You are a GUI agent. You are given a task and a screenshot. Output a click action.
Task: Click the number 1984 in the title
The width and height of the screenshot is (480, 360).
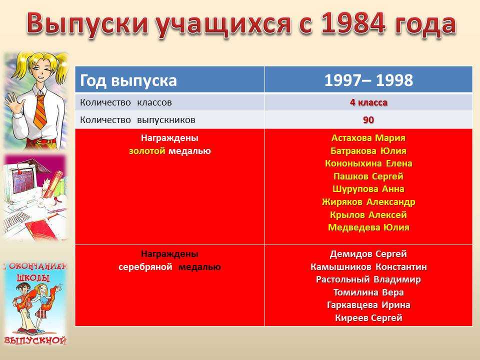[353, 23]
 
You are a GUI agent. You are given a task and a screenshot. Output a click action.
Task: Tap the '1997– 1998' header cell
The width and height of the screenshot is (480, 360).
[368, 80]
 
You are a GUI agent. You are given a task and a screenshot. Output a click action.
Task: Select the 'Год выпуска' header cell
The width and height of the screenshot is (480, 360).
[170, 80]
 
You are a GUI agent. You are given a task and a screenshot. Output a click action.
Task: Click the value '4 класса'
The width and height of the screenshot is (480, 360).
[368, 102]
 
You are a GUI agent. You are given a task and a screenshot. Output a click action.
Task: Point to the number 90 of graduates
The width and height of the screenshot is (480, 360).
[368, 119]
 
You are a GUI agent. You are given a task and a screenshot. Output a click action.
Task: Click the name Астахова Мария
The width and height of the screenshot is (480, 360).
[368, 138]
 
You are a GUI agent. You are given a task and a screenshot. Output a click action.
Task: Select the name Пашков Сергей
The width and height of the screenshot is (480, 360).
[368, 176]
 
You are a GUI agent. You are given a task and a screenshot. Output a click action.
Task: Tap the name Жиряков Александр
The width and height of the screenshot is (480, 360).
[368, 202]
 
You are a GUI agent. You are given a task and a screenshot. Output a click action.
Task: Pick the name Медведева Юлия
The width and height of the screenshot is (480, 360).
[368, 227]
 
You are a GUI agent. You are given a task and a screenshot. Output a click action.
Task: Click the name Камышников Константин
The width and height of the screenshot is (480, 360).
[368, 267]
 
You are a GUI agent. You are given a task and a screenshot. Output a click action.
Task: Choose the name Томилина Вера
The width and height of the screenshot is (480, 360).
[368, 292]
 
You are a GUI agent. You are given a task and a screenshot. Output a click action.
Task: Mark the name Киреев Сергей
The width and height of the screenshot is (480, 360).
[368, 318]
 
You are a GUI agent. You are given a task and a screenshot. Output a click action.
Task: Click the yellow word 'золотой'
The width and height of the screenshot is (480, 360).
[147, 151]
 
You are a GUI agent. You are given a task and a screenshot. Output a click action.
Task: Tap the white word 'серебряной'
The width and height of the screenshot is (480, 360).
[145, 267]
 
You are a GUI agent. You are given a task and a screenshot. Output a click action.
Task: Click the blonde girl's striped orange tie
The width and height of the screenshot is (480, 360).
[40, 111]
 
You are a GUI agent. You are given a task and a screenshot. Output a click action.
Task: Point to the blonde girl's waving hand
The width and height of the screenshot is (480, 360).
[12, 101]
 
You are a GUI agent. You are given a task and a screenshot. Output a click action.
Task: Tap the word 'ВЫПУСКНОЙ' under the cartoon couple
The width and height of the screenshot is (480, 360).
[35, 340]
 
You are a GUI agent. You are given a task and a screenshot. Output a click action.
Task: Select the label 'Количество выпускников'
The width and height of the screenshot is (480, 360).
[137, 119]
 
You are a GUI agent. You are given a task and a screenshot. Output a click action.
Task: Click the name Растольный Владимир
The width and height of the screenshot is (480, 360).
[368, 279]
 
